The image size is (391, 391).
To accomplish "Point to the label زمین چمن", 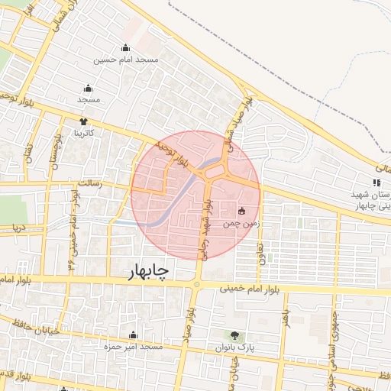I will tap(241, 225).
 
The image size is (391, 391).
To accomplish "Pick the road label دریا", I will tap(16, 227).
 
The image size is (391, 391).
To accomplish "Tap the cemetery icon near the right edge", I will tap(376, 183).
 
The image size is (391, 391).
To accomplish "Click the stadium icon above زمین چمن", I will tap(242, 211).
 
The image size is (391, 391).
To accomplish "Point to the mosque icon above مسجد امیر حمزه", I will tap(134, 334).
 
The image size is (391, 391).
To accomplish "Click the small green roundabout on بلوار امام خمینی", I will tap(196, 285).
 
